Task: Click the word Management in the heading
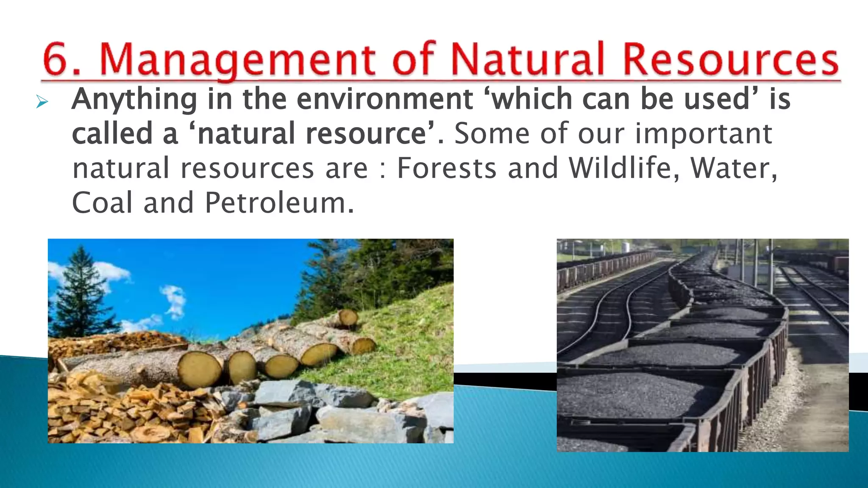pyautogui.click(x=237, y=59)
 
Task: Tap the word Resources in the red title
pyautogui.click(x=731, y=59)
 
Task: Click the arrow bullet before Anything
pyautogui.click(x=42, y=102)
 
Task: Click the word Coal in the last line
pyautogui.click(x=103, y=203)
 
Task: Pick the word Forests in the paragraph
pyautogui.click(x=447, y=168)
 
